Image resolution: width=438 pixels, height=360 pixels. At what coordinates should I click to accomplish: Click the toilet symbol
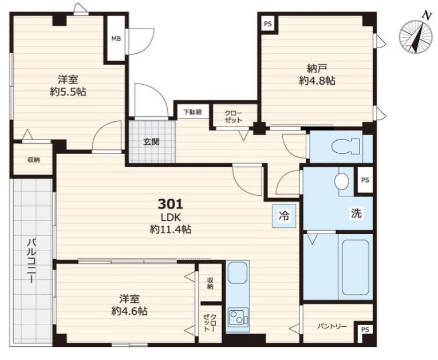[x=345, y=146]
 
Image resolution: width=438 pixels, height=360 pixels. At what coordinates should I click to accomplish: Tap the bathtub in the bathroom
[x=356, y=267]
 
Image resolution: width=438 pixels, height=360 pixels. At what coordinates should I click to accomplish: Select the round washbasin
[x=342, y=181]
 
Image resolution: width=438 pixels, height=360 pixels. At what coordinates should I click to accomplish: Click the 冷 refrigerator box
[x=284, y=216]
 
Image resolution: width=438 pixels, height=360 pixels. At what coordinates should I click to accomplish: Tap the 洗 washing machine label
[x=357, y=213]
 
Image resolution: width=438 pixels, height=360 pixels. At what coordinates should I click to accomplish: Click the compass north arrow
[x=417, y=35]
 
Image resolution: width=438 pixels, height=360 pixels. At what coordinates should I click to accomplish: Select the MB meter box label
[x=116, y=39]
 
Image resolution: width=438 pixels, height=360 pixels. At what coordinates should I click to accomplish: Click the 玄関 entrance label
[x=151, y=142]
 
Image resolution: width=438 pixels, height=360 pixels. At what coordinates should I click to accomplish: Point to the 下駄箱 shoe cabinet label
[x=192, y=112]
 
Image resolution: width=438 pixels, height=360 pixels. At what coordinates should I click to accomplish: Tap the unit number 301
[x=171, y=204]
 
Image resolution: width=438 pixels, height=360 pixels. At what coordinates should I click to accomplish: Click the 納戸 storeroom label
[x=317, y=68]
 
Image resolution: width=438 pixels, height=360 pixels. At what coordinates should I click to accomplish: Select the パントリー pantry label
[x=332, y=326]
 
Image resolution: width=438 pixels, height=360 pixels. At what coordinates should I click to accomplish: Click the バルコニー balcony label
[x=31, y=260]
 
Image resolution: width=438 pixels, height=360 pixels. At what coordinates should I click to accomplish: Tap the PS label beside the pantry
[x=365, y=330]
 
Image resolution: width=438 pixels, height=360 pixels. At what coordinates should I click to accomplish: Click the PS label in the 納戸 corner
[x=267, y=24]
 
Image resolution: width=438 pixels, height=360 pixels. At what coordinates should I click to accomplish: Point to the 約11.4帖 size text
[x=171, y=230]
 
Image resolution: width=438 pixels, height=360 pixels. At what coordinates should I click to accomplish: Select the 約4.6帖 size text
[x=129, y=311]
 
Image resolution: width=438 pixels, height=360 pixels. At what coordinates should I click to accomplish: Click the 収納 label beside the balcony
[x=34, y=160]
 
